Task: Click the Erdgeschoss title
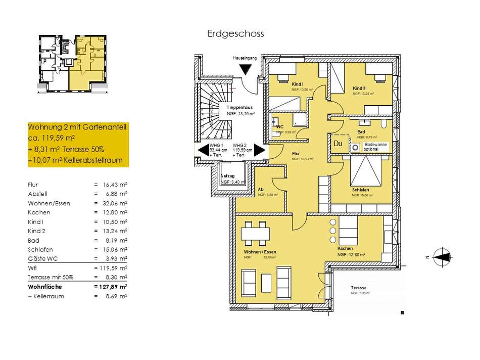click(235, 34)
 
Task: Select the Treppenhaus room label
click(239, 108)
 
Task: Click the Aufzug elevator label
click(228, 176)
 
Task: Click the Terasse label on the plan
click(359, 288)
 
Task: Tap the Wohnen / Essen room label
click(260, 251)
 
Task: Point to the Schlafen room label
click(361, 190)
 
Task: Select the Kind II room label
click(359, 88)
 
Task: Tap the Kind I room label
click(283, 84)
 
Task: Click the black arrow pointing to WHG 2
click(259, 150)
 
